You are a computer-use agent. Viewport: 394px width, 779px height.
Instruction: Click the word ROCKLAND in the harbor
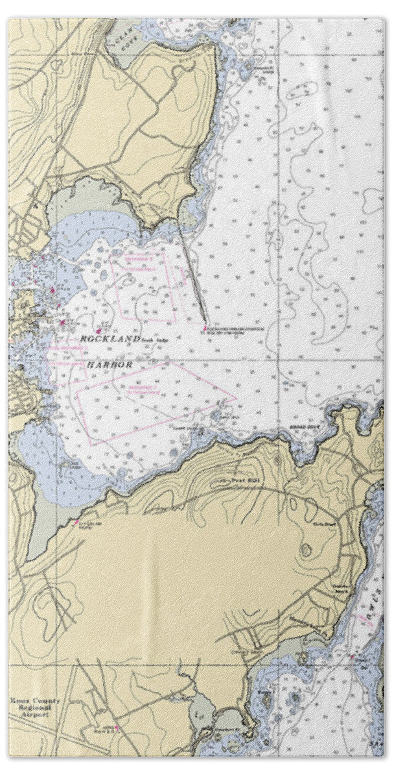107,340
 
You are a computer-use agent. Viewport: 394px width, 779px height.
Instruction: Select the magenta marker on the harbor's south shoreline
77,521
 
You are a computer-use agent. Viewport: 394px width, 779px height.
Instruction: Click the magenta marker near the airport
116,728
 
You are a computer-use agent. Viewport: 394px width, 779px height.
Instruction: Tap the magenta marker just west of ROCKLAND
62,321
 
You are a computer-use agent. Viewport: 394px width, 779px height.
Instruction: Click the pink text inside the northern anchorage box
137,258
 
